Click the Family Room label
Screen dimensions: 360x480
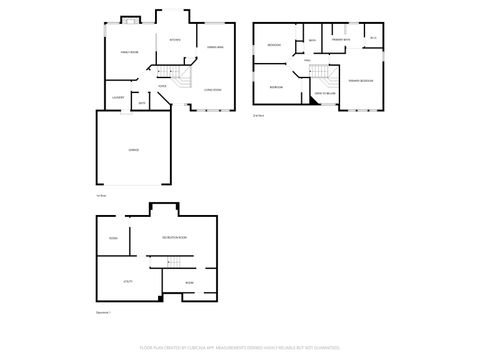pyautogui.click(x=129, y=50)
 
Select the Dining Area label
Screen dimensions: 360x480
pyautogui.click(x=214, y=47)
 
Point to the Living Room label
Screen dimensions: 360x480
pyautogui.click(x=212, y=89)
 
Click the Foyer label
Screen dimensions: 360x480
pyautogui.click(x=161, y=85)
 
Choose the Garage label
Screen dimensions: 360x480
pyautogui.click(x=133, y=149)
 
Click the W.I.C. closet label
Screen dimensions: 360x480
pyautogui.click(x=372, y=38)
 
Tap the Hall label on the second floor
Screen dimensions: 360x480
pyautogui.click(x=307, y=60)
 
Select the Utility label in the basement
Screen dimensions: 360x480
pyautogui.click(x=129, y=281)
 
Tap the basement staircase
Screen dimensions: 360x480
pyautogui.click(x=176, y=262)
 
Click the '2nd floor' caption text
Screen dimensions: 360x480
pyautogui.click(x=258, y=116)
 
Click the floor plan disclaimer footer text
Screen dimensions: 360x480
pyautogui.click(x=239, y=349)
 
